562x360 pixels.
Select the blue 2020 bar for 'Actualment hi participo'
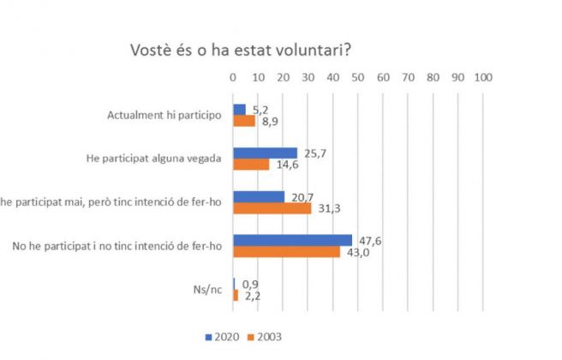tap(239, 110)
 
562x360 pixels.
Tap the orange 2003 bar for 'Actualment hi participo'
tap(243, 121)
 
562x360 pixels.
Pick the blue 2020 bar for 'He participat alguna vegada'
tap(265, 153)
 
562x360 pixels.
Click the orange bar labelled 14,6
tap(251, 165)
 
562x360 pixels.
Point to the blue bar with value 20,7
tap(259, 197)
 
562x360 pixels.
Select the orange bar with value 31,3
tap(272, 208)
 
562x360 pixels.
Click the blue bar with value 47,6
tap(292, 240)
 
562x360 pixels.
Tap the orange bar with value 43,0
tap(286, 252)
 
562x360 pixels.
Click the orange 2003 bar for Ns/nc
tap(236, 295)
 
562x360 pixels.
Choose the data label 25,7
tap(311, 152)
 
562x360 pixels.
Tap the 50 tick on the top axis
tap(357, 77)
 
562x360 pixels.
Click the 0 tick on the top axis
tap(233, 77)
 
